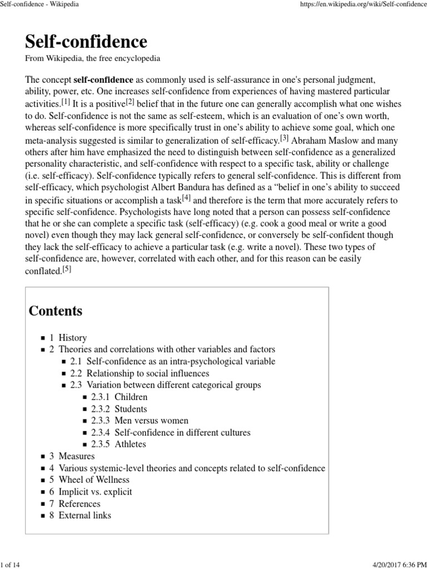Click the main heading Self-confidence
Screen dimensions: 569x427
point(86,42)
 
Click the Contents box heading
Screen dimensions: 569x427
point(56,311)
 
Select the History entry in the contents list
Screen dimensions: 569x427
point(72,337)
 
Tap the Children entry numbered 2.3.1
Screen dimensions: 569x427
point(131,397)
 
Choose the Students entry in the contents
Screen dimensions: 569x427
point(131,409)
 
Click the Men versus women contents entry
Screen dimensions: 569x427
point(151,421)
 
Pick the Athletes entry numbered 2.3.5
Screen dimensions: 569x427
point(130,444)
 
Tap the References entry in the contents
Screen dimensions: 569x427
point(80,503)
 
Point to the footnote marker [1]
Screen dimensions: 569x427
point(66,102)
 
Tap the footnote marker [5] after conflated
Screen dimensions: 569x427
point(67,269)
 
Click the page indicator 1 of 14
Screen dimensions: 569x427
point(12,565)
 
